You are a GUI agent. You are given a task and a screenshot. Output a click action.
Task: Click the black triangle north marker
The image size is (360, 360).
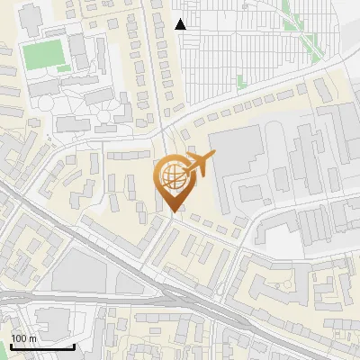click(181, 24)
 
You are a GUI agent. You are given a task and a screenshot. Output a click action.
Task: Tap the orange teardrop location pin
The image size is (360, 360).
click(174, 181)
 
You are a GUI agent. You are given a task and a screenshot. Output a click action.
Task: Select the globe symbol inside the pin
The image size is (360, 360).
click(172, 172)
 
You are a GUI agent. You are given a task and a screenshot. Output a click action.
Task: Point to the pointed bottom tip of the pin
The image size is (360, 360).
click(173, 211)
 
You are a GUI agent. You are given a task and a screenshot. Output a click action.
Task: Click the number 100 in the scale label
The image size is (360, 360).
click(19, 338)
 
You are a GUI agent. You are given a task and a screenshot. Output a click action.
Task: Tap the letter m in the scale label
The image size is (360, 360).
click(32, 338)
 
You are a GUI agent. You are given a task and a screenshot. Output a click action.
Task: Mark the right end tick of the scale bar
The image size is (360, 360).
click(74, 345)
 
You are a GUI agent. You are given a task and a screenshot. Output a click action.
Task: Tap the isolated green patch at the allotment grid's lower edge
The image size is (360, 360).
click(240, 81)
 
